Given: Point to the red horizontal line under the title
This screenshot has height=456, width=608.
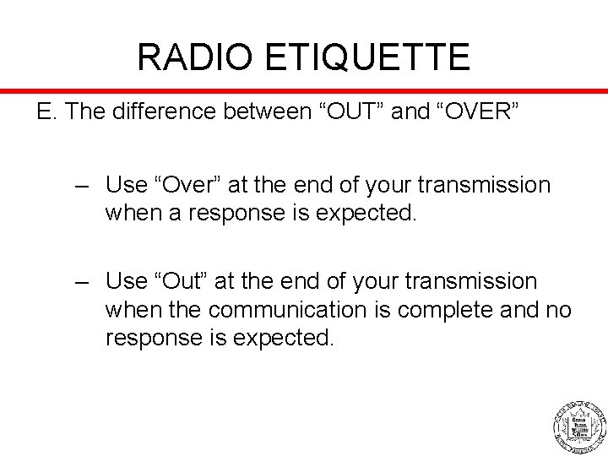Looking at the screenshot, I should pos(304,90).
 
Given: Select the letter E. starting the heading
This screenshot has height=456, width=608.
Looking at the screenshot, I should pos(45,113).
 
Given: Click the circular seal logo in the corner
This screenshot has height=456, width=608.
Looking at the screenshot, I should pos(579,424).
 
